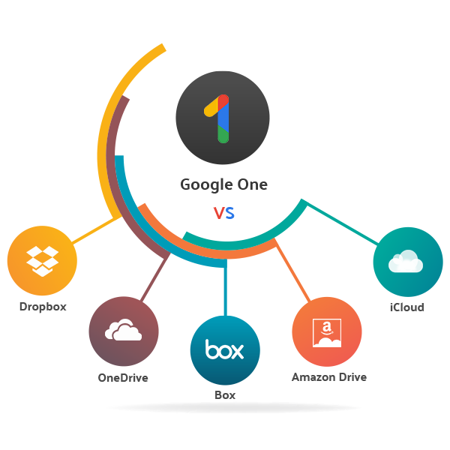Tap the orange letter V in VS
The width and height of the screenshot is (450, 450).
[x=218, y=214]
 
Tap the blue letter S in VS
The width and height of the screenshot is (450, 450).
[x=229, y=214]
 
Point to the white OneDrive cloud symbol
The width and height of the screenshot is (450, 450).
[x=124, y=331]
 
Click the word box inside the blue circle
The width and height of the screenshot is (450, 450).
[x=225, y=351]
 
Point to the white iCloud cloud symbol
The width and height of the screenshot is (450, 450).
[x=406, y=261]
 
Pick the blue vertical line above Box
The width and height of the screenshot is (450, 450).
[x=225, y=289]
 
